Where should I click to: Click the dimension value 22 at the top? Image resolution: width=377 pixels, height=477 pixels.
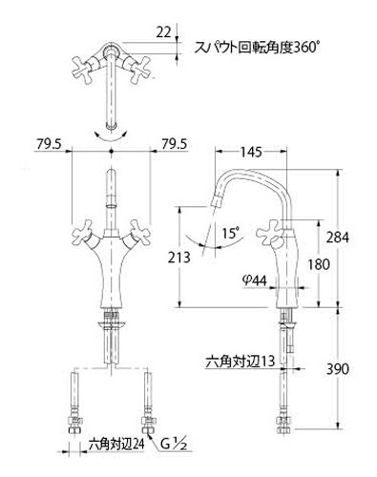pyautogui.click(x=163, y=32)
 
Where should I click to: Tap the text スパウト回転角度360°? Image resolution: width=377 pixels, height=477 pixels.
pyautogui.click(x=256, y=48)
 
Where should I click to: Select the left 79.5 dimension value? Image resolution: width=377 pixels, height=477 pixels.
pyautogui.click(x=49, y=144)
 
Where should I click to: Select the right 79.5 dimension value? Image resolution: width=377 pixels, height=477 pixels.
pyautogui.click(x=174, y=144)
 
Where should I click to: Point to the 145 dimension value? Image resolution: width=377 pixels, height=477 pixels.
pyautogui.click(x=251, y=153)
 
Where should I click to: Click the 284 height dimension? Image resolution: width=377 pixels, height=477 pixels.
pyautogui.click(x=337, y=238)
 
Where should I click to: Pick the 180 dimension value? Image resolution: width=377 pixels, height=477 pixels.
pyautogui.click(x=319, y=264)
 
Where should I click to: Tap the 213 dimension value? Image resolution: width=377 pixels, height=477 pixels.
pyautogui.click(x=178, y=257)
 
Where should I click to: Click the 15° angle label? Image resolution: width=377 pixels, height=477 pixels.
pyautogui.click(x=230, y=234)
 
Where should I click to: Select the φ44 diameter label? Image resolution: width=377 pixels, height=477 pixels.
pyautogui.click(x=254, y=280)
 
